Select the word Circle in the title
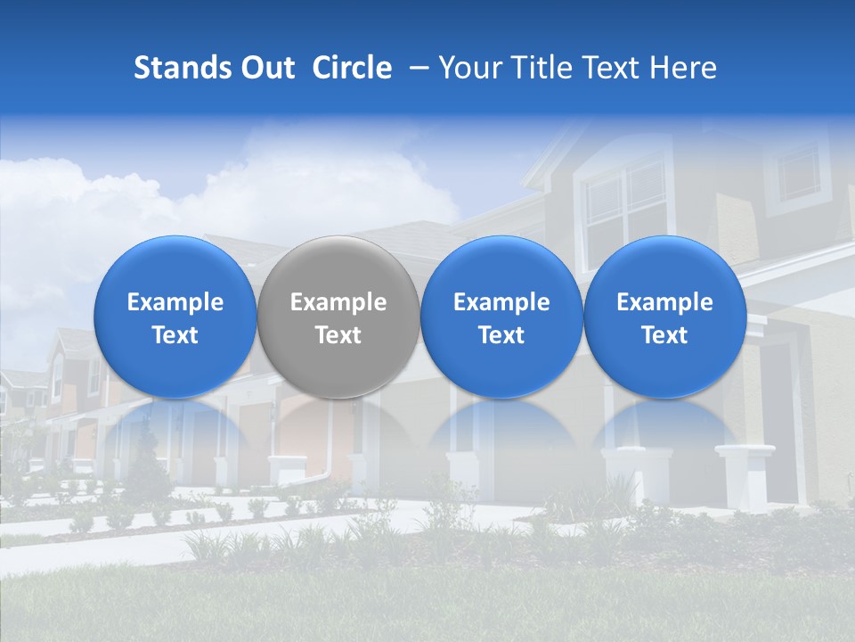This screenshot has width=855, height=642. point(352,68)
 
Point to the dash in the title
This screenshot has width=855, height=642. point(416,68)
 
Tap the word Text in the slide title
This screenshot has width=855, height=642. point(614,68)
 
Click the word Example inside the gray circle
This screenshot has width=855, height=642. point(338,302)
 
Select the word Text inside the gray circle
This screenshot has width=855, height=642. point(338,335)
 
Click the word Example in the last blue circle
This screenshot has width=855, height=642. point(665,302)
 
